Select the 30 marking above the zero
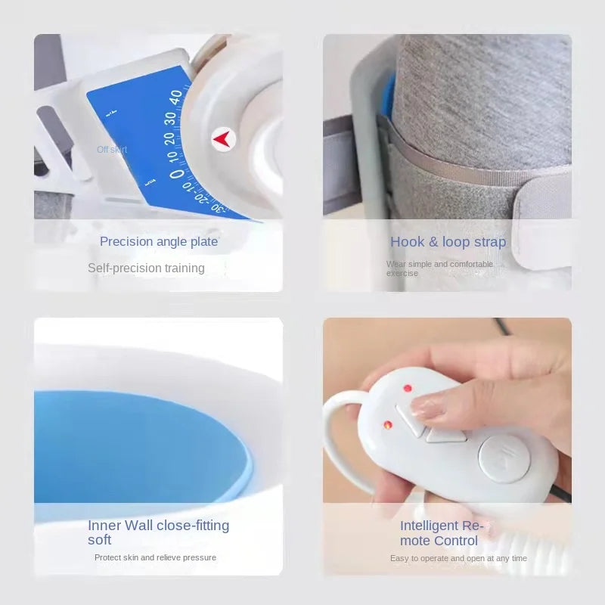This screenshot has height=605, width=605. [x=172, y=119]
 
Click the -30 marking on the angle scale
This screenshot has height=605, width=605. [x=219, y=209]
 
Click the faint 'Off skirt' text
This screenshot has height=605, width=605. [x=112, y=150]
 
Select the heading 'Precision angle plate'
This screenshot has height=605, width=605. [x=159, y=242]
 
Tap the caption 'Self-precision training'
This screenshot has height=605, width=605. [x=146, y=268]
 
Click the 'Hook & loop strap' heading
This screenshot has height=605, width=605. [x=448, y=242]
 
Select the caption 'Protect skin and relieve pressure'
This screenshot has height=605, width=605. [x=155, y=557]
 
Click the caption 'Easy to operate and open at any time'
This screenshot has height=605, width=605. [x=458, y=558]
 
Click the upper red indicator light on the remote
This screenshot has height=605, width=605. [x=408, y=388]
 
